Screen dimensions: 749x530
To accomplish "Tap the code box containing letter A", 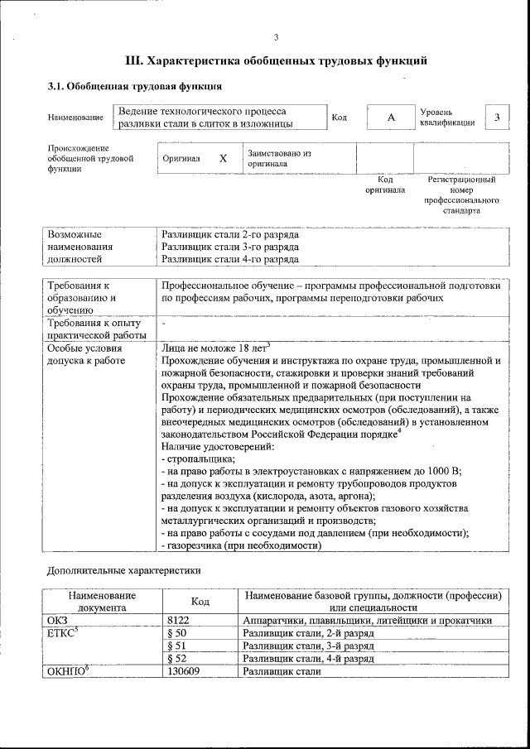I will click(391, 118).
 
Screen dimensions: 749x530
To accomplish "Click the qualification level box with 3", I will click(497, 117).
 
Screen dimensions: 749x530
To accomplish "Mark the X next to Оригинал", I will click(223, 158).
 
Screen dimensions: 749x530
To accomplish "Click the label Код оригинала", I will click(385, 185).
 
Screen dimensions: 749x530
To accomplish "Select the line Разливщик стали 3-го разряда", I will click(230, 247).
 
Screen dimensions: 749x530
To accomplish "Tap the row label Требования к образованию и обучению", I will click(83, 297).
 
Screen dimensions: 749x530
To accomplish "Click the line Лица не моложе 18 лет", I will click(216, 348).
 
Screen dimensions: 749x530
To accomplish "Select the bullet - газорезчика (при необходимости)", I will click(241, 545).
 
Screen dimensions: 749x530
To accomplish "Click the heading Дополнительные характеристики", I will click(123, 570).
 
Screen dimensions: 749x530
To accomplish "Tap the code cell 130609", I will click(183, 671).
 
